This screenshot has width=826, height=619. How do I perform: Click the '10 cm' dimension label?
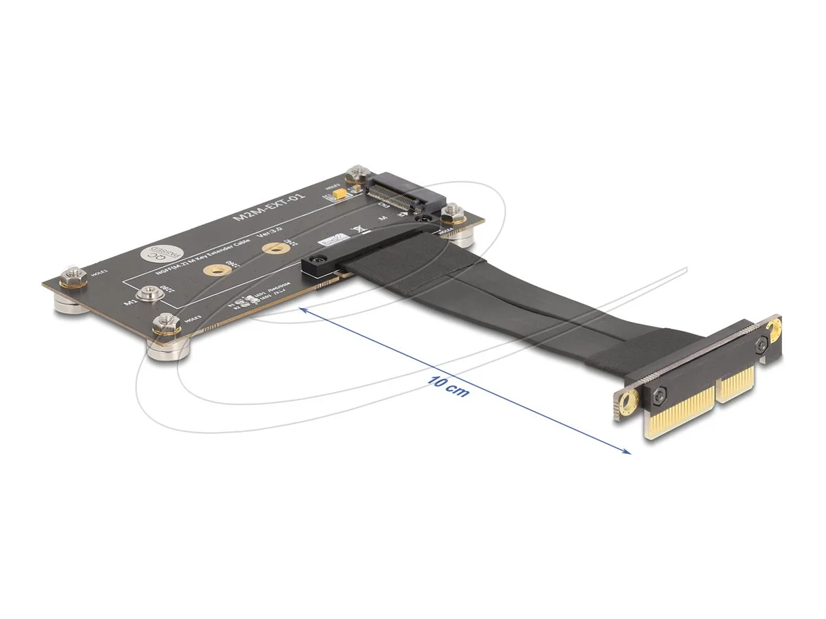(448, 387)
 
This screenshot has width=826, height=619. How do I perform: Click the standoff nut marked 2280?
(147, 294)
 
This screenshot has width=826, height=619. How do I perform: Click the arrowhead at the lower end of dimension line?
(626, 452)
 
